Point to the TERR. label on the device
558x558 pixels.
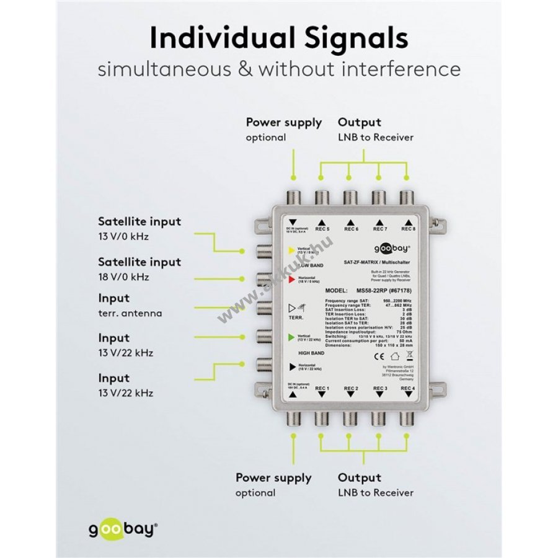(x=296, y=317)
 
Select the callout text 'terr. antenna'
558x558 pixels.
(x=130, y=313)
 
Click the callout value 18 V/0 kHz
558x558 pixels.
(x=123, y=277)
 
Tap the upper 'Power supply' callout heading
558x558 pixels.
(x=284, y=122)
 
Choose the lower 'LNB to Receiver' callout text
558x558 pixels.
(x=376, y=492)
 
